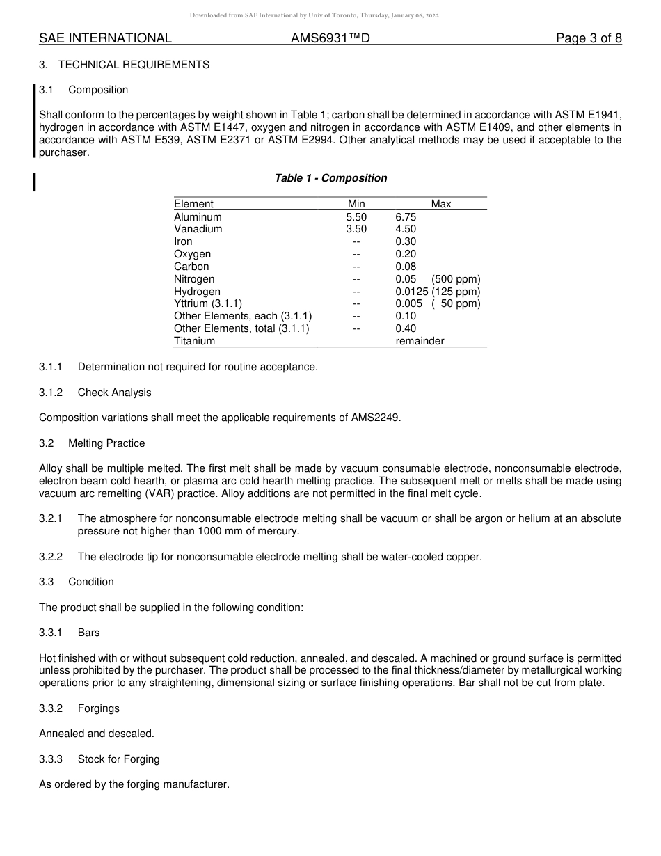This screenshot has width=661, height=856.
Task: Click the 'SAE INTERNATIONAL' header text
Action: click(x=105, y=38)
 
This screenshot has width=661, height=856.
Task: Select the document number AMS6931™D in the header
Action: click(x=330, y=38)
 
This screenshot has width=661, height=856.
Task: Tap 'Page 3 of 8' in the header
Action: click(x=589, y=38)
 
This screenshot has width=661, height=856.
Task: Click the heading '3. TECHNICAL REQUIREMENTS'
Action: click(x=124, y=65)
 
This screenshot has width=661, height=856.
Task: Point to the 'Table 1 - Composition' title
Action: click(x=330, y=178)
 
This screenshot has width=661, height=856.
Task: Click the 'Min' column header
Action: click(x=356, y=204)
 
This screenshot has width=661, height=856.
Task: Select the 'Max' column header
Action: click(x=441, y=204)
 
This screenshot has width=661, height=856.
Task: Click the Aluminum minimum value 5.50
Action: click(x=356, y=217)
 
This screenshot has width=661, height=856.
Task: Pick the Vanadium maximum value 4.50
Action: click(x=406, y=229)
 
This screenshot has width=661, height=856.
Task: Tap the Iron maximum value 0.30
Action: click(x=406, y=241)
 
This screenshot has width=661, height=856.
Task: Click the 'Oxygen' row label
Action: click(x=192, y=254)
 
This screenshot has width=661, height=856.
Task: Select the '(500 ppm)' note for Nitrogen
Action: click(x=456, y=279)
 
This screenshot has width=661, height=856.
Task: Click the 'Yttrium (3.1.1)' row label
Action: click(x=208, y=303)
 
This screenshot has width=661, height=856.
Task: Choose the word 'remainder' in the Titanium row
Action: click(x=420, y=341)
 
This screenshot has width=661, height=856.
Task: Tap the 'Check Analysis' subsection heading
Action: click(x=114, y=393)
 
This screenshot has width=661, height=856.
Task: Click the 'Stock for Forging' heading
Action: click(x=118, y=759)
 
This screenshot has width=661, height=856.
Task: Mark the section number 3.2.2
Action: click(x=51, y=557)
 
